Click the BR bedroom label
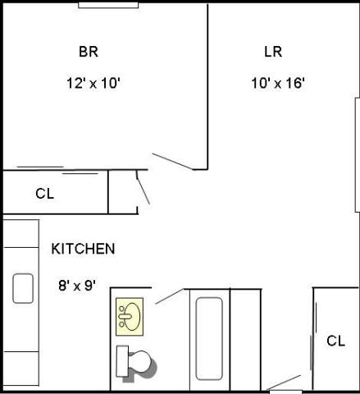(x=89, y=52)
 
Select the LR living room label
(x=273, y=52)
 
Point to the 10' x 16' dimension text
(x=278, y=83)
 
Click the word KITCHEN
(x=83, y=249)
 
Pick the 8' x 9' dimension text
(x=77, y=286)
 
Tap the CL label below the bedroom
(x=44, y=194)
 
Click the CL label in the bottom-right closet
(x=335, y=341)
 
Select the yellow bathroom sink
(x=130, y=316)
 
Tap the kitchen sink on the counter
(x=23, y=288)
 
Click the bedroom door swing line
(x=172, y=161)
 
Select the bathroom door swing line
(x=170, y=296)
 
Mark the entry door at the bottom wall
(x=285, y=383)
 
